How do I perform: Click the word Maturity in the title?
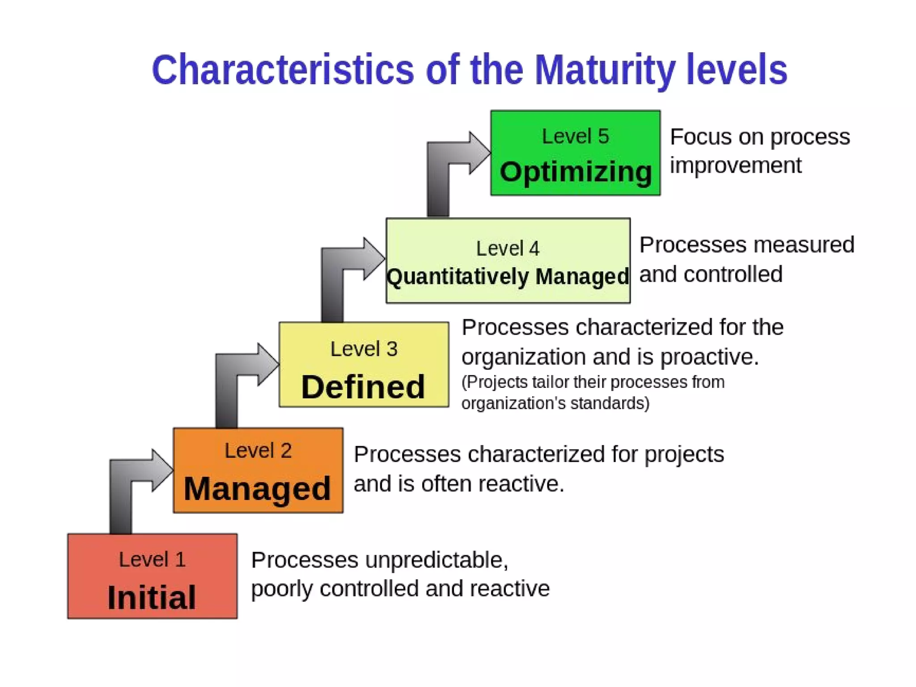(605, 71)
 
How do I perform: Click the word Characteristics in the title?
(283, 70)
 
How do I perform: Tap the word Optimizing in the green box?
(576, 172)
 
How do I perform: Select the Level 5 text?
(575, 136)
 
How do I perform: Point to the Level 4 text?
(508, 249)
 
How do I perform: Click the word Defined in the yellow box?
(363, 387)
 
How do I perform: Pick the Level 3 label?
(364, 349)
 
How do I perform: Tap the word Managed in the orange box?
(257, 489)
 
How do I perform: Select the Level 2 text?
(258, 451)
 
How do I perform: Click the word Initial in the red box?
(152, 598)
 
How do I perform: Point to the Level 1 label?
(152, 560)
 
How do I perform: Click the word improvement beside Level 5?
(735, 165)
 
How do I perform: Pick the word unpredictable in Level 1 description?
(436, 560)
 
